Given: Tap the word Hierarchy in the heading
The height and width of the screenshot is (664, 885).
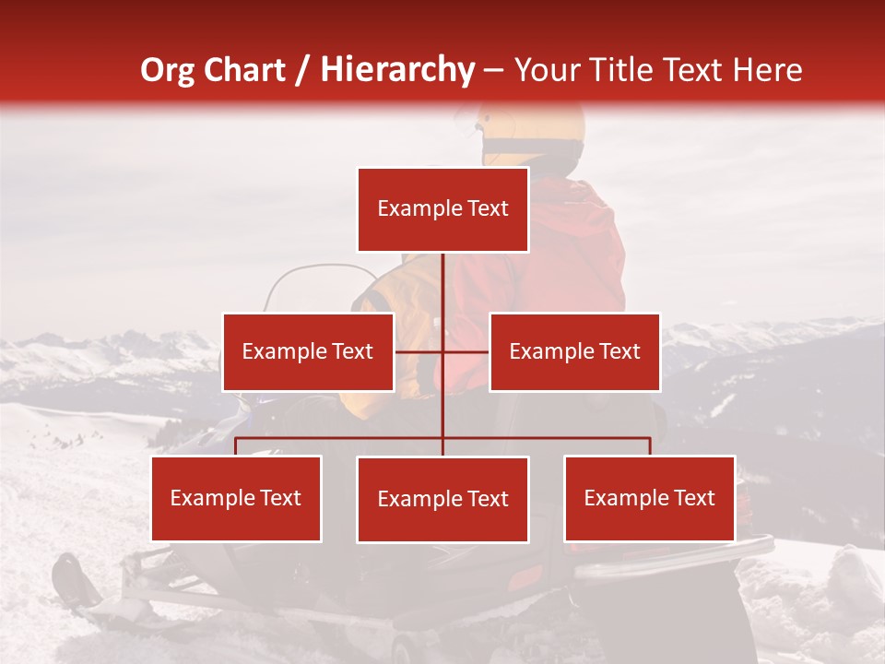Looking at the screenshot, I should [396, 70].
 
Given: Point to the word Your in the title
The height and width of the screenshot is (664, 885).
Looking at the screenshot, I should [545, 70].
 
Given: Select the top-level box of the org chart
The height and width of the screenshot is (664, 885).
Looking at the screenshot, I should [442, 209].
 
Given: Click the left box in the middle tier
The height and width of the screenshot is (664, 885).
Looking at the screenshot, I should [308, 351].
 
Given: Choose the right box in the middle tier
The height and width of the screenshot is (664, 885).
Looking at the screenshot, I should [574, 351].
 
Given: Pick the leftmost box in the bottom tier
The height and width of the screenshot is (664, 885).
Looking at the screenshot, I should [236, 498].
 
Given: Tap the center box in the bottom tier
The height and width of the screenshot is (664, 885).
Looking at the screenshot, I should [442, 499].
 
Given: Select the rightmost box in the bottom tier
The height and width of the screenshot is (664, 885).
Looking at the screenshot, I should [649, 498].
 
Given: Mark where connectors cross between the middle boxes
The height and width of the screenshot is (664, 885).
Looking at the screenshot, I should [442, 351].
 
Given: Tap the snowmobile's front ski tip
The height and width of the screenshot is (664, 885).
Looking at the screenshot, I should [65, 576].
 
